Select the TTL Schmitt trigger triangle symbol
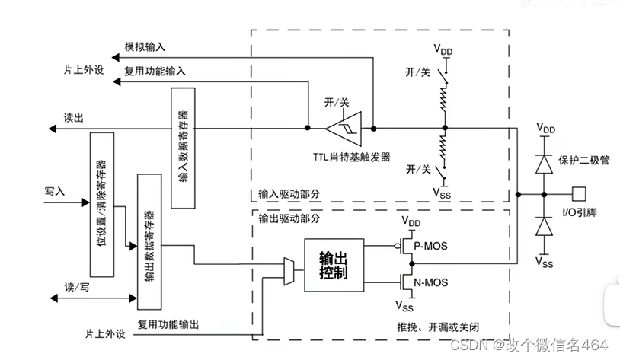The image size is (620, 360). tap(346, 128)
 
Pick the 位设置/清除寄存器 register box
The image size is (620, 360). tap(101, 204)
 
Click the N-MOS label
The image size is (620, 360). tap(432, 282)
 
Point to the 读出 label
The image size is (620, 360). tap(72, 117)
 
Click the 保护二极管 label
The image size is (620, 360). tap(584, 161)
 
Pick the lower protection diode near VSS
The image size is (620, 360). tap(543, 226)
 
